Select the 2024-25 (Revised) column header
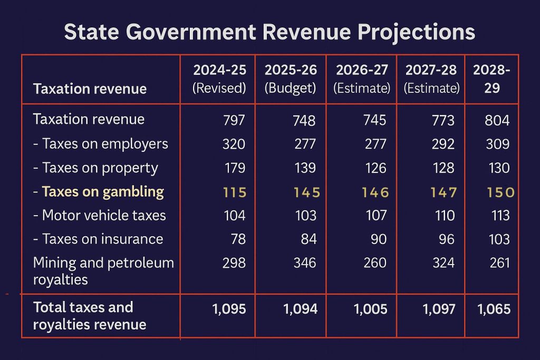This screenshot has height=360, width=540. [219, 79]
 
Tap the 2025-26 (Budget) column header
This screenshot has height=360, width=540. [291, 79]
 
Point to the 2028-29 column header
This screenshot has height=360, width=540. [491, 79]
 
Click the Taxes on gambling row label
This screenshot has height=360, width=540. [99, 192]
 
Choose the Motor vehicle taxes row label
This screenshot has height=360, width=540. [100, 215]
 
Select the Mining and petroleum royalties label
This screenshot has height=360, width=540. [103, 271]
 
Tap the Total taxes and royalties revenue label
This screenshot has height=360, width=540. [90, 316]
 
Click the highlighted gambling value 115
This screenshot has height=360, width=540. [235, 192]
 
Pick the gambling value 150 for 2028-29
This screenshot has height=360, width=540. [500, 192]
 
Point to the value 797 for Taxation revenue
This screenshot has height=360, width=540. [234, 120]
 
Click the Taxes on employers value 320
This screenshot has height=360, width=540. [234, 144]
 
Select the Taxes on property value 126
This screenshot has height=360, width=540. [375, 168]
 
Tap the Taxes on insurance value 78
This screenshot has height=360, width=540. [238, 239]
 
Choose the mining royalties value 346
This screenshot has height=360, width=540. [305, 263]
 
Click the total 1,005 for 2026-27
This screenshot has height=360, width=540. [371, 309]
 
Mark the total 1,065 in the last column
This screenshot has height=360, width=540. [494, 309]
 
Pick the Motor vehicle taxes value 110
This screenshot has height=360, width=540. [445, 216]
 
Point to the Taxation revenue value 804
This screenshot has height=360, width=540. [497, 120]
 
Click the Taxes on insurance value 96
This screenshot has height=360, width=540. [447, 239]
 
